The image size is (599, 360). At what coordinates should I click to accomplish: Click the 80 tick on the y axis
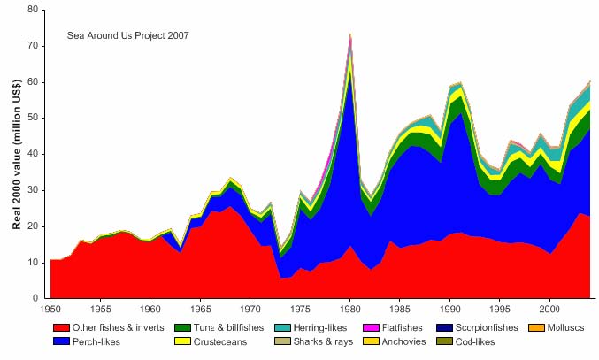pos(35,10)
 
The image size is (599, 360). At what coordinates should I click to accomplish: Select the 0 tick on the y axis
pos(38,299)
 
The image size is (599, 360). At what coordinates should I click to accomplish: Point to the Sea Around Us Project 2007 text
pos(127,35)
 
